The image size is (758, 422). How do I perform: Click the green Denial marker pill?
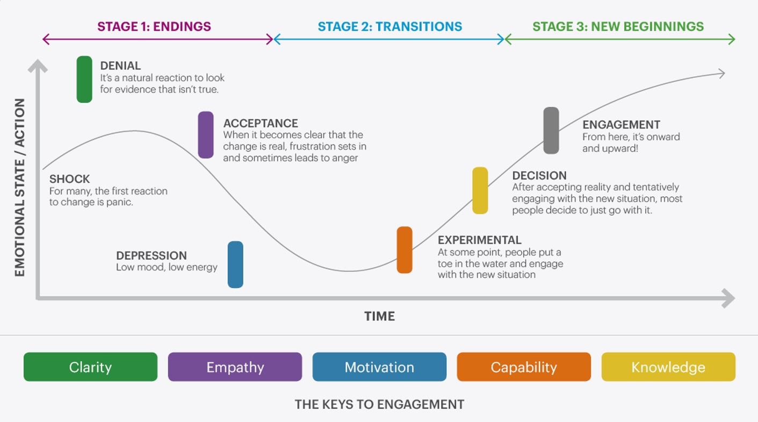(84, 79)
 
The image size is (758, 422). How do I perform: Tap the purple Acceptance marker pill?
(206, 135)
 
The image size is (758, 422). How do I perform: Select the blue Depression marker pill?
(235, 264)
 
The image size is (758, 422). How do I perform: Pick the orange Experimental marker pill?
(405, 250)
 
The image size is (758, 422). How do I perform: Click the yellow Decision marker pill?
(480, 190)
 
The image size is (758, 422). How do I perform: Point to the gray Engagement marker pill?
(551, 131)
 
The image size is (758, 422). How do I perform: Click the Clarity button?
(91, 367)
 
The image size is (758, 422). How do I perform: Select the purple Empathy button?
(235, 367)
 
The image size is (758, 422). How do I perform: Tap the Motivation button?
(379, 367)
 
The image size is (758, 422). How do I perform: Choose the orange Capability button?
(524, 367)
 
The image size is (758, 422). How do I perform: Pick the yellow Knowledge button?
(668, 367)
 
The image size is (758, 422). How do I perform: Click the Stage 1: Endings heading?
(154, 26)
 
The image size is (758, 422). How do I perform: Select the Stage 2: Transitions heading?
(390, 26)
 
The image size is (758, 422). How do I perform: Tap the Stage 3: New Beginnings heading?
(618, 26)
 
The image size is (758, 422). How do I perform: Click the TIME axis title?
(380, 316)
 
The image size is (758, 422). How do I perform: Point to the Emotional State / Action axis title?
(20, 187)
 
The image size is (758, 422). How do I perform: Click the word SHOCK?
(69, 179)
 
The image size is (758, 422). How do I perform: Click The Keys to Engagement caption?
(379, 404)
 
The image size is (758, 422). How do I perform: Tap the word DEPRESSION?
(151, 255)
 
